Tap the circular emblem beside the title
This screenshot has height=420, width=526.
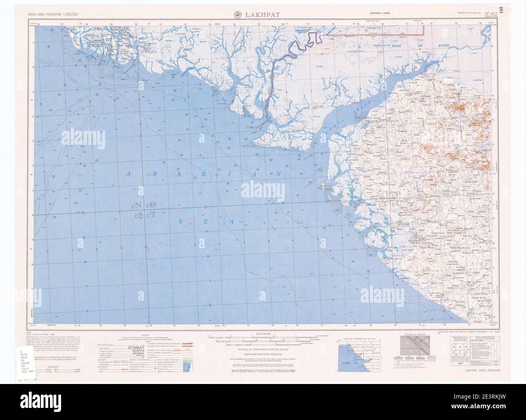point(239,15)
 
